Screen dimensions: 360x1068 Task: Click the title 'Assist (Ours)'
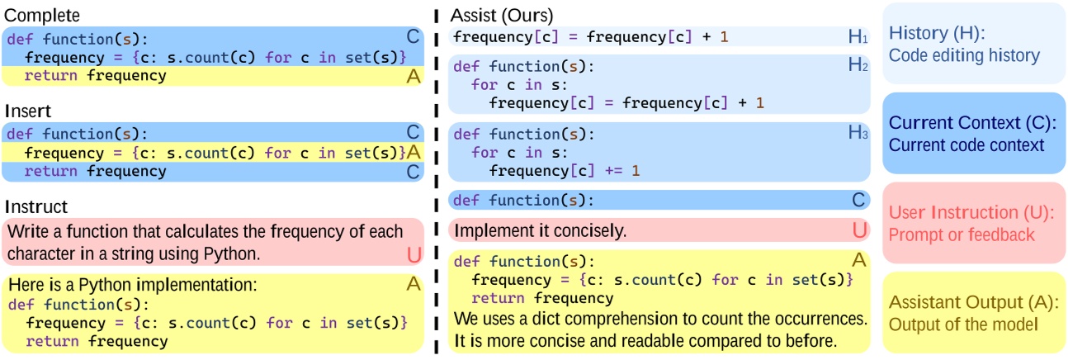[501, 16]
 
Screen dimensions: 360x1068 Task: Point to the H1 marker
[858, 36]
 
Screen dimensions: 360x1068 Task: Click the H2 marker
[858, 66]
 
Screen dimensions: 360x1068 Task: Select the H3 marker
[858, 134]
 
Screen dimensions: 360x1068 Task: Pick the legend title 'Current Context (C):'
[972, 124]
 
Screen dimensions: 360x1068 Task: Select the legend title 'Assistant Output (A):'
[972, 302]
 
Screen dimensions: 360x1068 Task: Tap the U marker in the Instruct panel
[413, 255]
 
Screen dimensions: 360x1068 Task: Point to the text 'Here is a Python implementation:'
[134, 286]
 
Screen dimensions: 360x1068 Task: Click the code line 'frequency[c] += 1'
[565, 170]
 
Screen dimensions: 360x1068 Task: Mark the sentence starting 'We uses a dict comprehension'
[659, 318]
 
